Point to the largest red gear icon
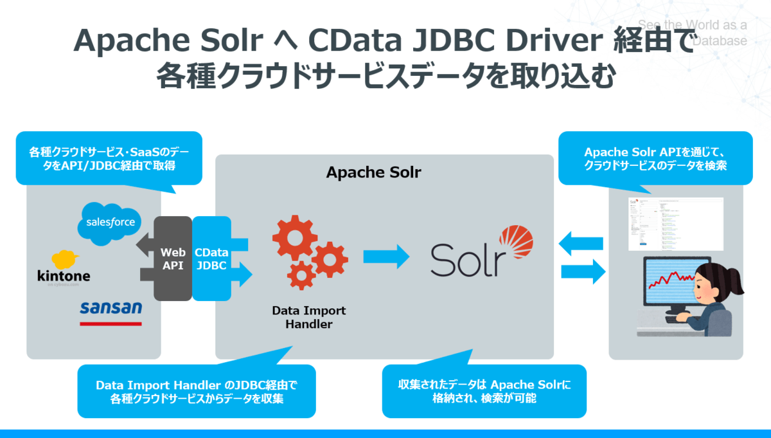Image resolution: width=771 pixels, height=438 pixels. pyautogui.click(x=295, y=240)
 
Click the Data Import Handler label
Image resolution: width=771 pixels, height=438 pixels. pyautogui.click(x=308, y=317)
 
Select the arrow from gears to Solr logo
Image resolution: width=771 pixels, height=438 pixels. pyautogui.click(x=385, y=256)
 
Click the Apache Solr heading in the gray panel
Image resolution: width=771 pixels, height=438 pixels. pyautogui.click(x=373, y=172)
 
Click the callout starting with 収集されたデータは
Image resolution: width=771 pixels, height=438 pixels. pyautogui.click(x=484, y=391)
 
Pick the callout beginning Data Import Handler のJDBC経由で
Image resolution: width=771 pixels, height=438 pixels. pyautogui.click(x=197, y=391)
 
